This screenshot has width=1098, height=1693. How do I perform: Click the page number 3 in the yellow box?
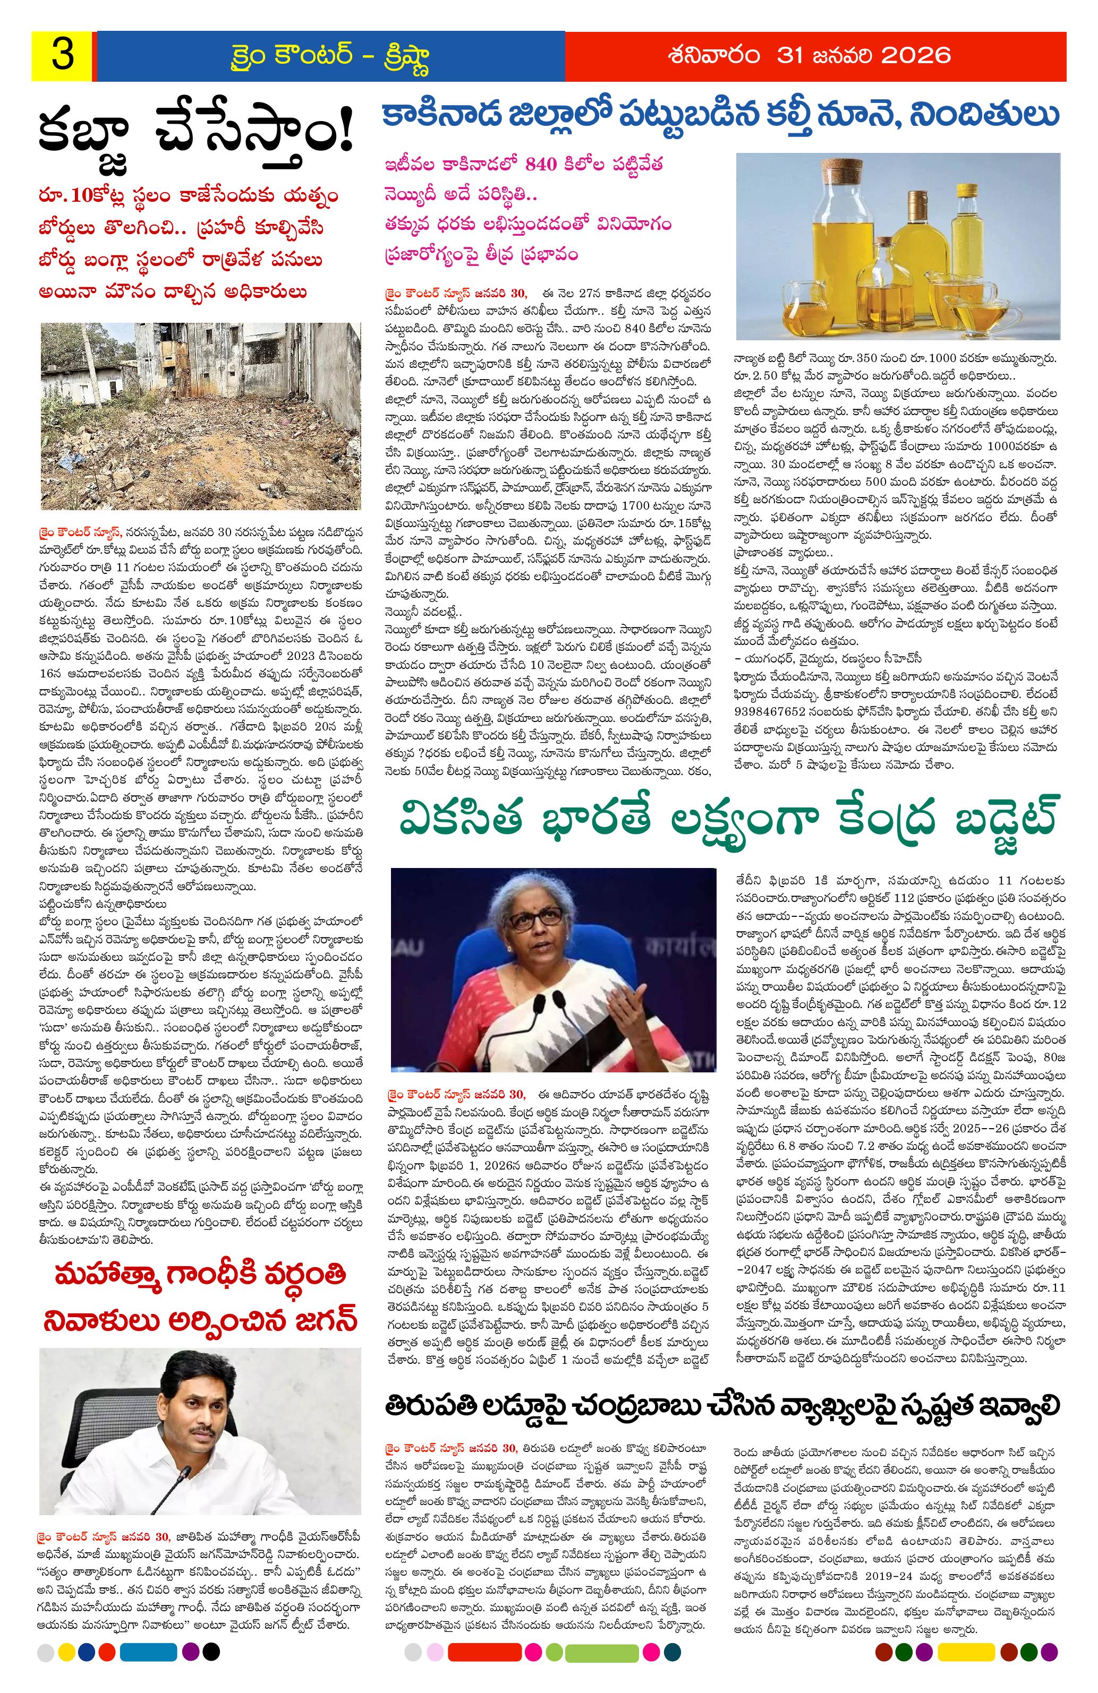coord(63,56)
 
